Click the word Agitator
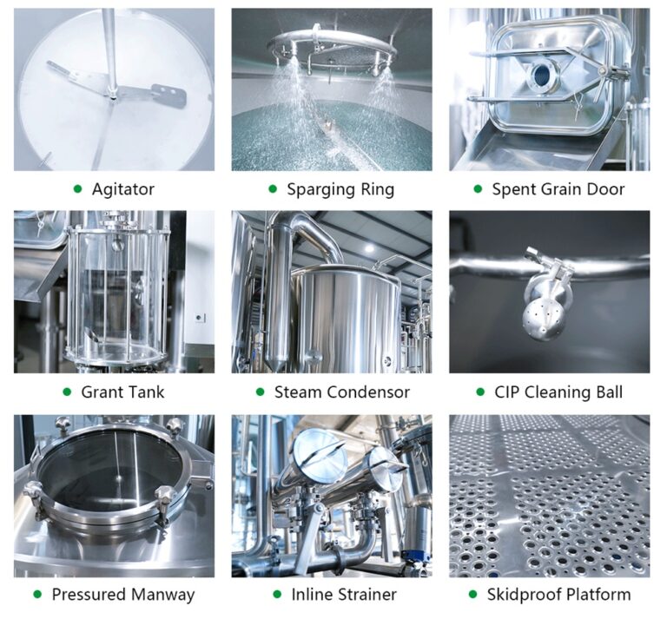[x=123, y=188]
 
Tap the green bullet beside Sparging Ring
[x=273, y=188]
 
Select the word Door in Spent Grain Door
[x=604, y=188]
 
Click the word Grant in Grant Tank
[x=102, y=392]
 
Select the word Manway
[x=163, y=595]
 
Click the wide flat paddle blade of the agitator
[x=167, y=95]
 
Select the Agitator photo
[x=114, y=89]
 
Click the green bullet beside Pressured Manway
[x=37, y=595]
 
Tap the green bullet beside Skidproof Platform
[x=473, y=595]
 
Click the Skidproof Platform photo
[x=549, y=496]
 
